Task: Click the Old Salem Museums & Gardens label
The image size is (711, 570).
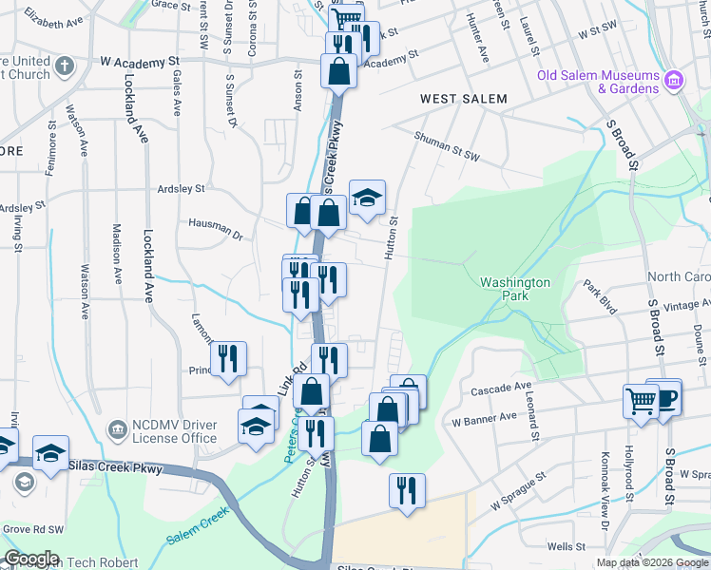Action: [x=598, y=82]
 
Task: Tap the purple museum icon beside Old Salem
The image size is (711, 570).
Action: [x=674, y=80]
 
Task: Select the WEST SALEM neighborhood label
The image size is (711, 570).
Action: [x=464, y=99]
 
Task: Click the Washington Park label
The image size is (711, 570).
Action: [x=515, y=289]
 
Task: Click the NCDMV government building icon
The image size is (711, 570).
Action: [x=117, y=430]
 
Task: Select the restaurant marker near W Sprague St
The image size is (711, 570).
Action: [x=406, y=490]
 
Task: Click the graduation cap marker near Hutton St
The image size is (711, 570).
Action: [x=367, y=198]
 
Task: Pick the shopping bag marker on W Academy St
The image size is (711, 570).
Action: [x=338, y=70]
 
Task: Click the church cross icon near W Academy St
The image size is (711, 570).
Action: [x=64, y=66]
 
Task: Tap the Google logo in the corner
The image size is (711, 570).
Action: [x=30, y=559]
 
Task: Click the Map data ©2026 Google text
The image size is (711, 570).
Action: [x=651, y=562]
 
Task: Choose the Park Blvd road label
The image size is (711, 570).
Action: [x=600, y=297]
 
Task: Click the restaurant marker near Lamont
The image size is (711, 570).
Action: [x=229, y=358]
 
